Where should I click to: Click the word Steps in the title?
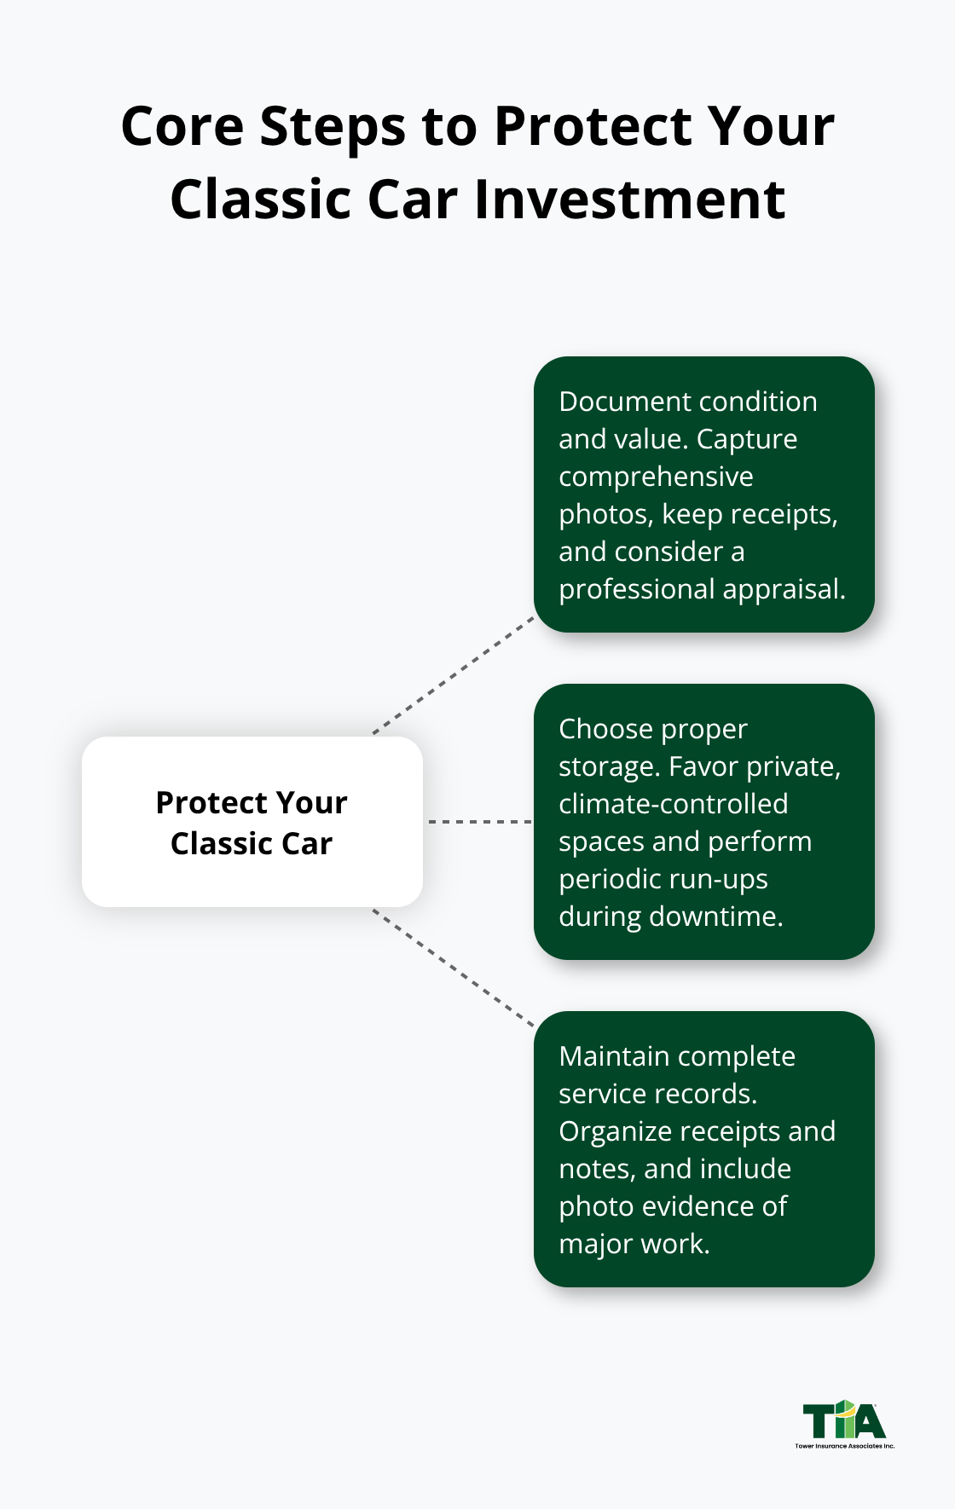click(x=333, y=128)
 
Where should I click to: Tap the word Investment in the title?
click(x=629, y=201)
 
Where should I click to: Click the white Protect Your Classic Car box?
click(x=252, y=822)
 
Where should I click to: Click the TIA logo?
click(x=844, y=1420)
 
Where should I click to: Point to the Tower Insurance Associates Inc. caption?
click(x=844, y=1446)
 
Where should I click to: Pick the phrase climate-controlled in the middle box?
click(x=673, y=804)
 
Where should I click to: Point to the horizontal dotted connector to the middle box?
click(x=479, y=822)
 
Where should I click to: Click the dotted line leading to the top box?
click(x=454, y=675)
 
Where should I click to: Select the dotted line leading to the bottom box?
click(x=454, y=968)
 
